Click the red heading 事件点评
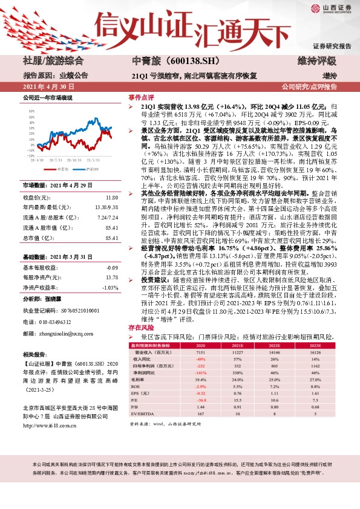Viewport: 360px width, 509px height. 140,98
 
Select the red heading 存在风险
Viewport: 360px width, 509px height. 140,327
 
